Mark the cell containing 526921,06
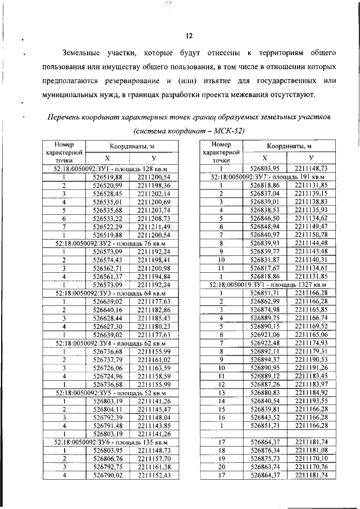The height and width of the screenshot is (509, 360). pos(264,334)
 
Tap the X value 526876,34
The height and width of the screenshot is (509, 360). pos(264,451)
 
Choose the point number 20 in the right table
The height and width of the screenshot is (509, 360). pos(221,466)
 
